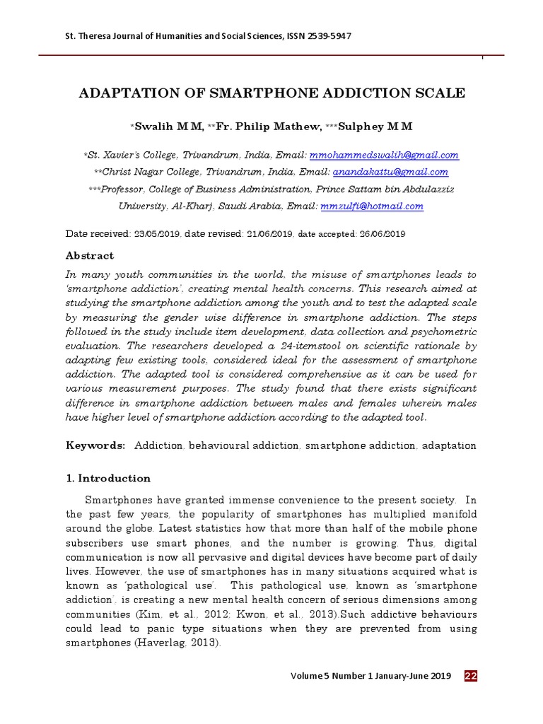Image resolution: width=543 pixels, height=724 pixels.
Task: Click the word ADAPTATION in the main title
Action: (136, 93)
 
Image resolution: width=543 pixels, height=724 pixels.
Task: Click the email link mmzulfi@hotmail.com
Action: (372, 206)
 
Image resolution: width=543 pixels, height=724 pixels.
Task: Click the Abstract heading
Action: (90, 256)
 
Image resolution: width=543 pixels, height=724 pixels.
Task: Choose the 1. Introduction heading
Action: (108, 478)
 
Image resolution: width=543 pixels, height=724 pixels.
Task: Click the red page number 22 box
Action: (471, 676)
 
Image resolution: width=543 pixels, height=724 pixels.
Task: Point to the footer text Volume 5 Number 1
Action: (338, 676)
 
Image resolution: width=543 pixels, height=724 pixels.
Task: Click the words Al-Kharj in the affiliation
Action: (191, 206)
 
